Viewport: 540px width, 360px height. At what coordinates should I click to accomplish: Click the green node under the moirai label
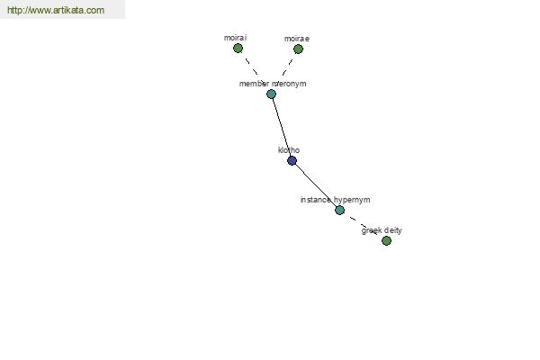click(238, 49)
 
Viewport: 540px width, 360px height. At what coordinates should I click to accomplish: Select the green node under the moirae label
click(298, 49)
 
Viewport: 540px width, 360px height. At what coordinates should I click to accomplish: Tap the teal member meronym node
click(272, 94)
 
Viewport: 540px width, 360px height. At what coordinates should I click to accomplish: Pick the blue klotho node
click(292, 160)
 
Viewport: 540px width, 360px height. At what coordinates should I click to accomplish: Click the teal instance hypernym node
click(339, 210)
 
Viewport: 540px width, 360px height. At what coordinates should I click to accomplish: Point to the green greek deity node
click(386, 240)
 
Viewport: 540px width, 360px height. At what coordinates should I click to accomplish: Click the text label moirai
click(235, 38)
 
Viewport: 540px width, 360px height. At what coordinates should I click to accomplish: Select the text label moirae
click(297, 39)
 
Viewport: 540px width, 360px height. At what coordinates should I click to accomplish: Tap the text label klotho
click(289, 150)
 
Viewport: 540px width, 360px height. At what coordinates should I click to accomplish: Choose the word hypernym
click(352, 200)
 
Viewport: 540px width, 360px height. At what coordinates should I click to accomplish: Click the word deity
click(392, 230)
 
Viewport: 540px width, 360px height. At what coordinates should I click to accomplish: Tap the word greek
click(371, 230)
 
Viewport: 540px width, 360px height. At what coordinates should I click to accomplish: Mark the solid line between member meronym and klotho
click(282, 127)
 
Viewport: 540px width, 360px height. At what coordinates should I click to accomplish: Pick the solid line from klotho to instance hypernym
click(316, 185)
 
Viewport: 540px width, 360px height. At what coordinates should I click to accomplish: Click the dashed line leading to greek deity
click(363, 225)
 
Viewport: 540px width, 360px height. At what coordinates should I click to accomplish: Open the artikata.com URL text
click(56, 10)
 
